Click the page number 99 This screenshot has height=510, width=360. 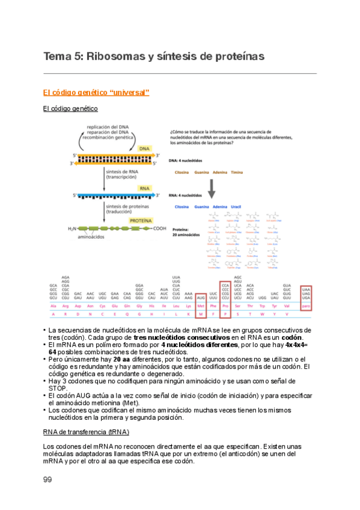[x=48, y=479]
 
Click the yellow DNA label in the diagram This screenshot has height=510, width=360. [x=145, y=149]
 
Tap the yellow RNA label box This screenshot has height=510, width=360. [x=145, y=188]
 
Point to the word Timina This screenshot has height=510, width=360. [x=237, y=173]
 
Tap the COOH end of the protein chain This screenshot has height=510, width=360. [x=159, y=229]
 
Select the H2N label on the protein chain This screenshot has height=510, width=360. [x=73, y=229]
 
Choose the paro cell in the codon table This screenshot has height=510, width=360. [x=306, y=306]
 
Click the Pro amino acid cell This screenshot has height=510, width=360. [x=226, y=306]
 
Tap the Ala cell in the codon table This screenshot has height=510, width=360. [x=53, y=306]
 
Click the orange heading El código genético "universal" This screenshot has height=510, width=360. [x=96, y=92]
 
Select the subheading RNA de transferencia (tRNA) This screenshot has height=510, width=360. [x=87, y=432]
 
